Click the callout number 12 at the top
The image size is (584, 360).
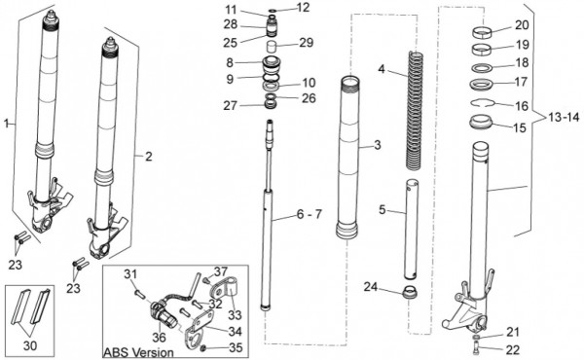[304, 7]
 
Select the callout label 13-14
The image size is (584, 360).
[564, 118]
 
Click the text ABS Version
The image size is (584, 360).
[138, 352]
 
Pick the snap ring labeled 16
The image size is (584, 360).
[482, 102]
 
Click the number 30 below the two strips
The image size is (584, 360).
[30, 345]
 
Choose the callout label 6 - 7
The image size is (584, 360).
[309, 214]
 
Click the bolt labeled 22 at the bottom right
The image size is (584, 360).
[478, 348]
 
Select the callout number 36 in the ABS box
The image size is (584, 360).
[159, 338]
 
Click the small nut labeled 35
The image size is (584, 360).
[204, 348]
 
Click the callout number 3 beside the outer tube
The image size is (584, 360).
[378, 144]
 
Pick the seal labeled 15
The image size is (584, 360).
[480, 123]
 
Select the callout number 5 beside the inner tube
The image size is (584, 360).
[383, 209]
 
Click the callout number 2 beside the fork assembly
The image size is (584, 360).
[149, 157]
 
